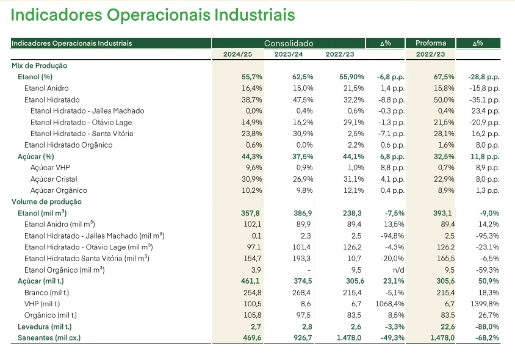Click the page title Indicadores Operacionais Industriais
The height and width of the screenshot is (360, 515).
[x=153, y=15]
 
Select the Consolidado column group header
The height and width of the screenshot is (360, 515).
[x=289, y=43]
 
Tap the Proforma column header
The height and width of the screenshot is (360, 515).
[x=431, y=43]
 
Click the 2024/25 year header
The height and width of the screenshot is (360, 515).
[x=237, y=54]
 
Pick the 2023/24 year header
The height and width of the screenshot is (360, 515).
[x=289, y=54]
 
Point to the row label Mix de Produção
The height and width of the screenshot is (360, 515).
[x=40, y=66]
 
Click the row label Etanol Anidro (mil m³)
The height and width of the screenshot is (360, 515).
[x=59, y=225]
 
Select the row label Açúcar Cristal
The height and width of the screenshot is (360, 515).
[x=54, y=179]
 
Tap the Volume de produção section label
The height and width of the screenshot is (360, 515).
[x=46, y=202]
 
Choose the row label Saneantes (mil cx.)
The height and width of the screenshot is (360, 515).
[x=49, y=337]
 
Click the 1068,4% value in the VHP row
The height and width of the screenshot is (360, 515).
[x=390, y=304]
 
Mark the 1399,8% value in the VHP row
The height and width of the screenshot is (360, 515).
[x=484, y=304]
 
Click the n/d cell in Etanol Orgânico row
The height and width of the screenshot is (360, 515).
[x=398, y=270]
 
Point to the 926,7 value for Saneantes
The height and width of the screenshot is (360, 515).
[x=303, y=337]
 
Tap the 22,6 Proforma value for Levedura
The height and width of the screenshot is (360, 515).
[x=448, y=327]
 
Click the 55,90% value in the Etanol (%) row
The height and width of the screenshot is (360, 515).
[x=351, y=77]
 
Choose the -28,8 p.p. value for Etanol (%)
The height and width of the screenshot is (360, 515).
[x=484, y=77]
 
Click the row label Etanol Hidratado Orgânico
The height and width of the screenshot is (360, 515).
[x=68, y=145]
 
